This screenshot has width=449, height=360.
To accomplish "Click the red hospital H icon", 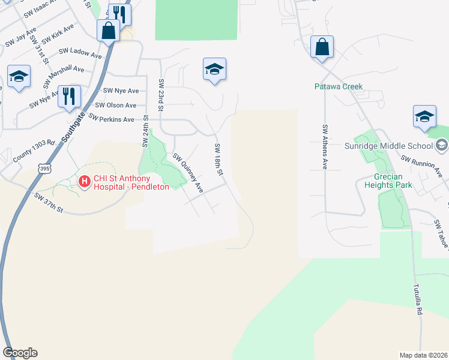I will [x=85, y=180].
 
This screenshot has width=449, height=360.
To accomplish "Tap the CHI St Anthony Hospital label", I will [x=130, y=181].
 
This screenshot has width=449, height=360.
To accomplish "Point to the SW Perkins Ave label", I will [x=111, y=119].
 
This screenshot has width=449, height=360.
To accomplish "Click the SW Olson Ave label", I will [x=119, y=105].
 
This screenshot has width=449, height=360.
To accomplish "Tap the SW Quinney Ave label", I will [x=189, y=173].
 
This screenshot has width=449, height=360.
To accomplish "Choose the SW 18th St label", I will [x=218, y=160].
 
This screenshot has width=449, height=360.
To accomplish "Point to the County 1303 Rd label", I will [x=34, y=152].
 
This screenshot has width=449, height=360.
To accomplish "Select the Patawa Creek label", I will [x=339, y=86].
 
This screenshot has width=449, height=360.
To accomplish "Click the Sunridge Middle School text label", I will [x=388, y=146].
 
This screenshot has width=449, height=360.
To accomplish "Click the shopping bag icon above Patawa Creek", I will [x=322, y=47].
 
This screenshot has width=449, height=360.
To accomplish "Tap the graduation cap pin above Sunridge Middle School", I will [x=424, y=116].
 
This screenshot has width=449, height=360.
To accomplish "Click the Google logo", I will [x=20, y=352].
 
